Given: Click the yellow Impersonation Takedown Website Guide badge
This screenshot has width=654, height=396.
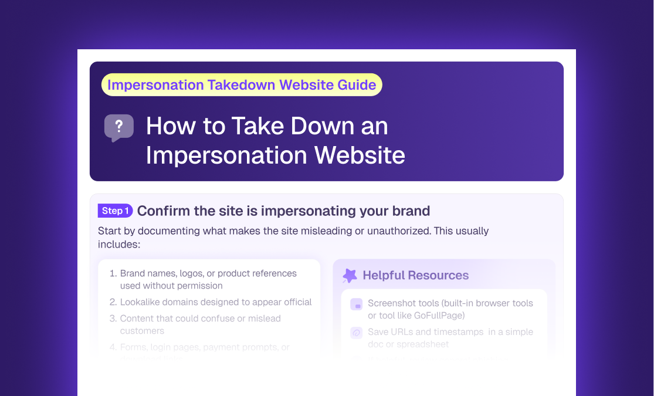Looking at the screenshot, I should coord(242,84).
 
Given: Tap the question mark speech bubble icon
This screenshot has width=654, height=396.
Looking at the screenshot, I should coord(119,127).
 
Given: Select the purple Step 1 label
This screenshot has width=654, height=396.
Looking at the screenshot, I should coord(115,211).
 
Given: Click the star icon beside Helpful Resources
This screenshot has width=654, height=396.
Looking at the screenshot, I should coord(350,275).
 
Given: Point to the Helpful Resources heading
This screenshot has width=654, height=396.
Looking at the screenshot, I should coord(415,275).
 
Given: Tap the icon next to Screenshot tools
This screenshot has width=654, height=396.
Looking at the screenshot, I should coord(356,304).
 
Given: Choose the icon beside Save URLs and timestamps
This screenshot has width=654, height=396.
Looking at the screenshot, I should coord(356,333).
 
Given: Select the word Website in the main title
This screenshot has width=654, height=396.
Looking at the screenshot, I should coord(359,155).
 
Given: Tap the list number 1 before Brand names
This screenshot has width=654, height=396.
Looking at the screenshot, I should coord(113,273).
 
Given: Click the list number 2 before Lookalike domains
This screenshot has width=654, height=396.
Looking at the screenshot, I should coord(113,302).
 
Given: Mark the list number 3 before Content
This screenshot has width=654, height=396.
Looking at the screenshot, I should coord(113,319).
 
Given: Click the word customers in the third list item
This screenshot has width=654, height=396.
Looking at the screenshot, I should coord(142,331).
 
